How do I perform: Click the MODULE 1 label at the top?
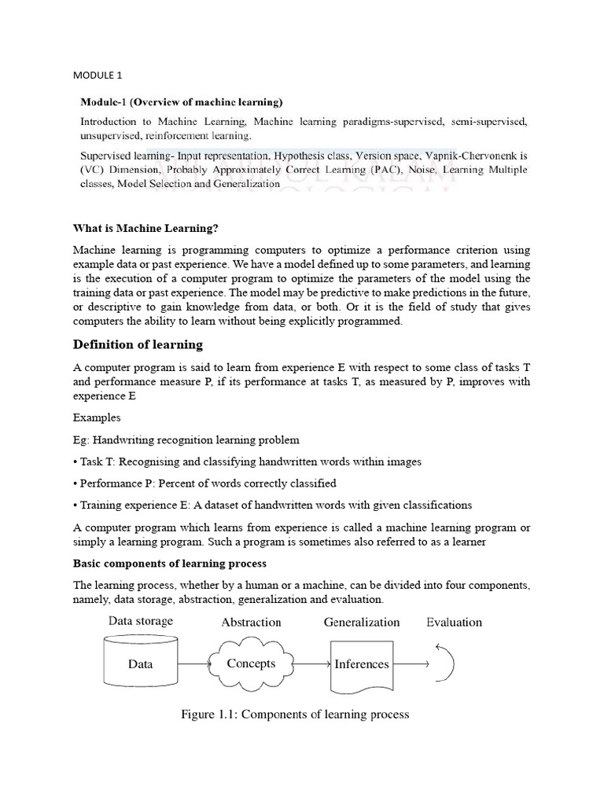point(98,75)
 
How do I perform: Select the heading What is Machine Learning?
point(145,228)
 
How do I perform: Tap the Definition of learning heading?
point(138,344)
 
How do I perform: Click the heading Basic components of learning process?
point(169,564)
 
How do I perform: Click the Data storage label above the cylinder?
point(141,621)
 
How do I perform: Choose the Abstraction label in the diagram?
point(251,622)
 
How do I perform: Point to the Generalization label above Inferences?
point(362,622)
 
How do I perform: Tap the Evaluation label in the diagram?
point(455,622)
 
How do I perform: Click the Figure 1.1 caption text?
point(295,715)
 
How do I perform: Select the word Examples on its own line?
point(97,417)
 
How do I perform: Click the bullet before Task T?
point(75,461)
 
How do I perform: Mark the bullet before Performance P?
point(75,483)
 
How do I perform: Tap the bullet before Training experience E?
point(75,505)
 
